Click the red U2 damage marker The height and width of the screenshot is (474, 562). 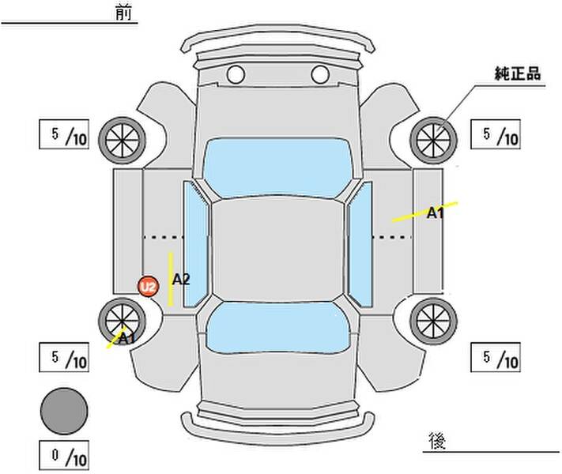tap(148, 287)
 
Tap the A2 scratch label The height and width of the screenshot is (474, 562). tap(181, 280)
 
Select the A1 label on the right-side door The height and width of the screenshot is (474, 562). tap(435, 213)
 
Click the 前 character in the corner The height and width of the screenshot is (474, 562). tap(123, 13)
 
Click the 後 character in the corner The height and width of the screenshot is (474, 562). tap(437, 441)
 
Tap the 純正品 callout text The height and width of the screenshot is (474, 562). tap(517, 73)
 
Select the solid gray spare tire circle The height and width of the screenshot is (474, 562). tap(64, 411)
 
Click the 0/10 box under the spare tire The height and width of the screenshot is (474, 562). tap(64, 455)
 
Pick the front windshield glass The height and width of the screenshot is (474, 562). tap(277, 167)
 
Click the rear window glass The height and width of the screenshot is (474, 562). tap(278, 327)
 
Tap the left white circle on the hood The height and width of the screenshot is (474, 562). tap(236, 74)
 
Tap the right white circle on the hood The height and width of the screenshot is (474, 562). tap(320, 74)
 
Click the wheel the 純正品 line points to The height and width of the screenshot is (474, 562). tap(433, 141)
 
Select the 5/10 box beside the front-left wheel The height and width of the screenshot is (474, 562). tap(64, 134)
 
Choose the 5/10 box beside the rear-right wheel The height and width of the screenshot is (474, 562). tap(496, 357)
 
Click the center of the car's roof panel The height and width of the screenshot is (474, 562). tap(277, 250)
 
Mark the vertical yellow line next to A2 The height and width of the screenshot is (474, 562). tap(171, 280)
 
